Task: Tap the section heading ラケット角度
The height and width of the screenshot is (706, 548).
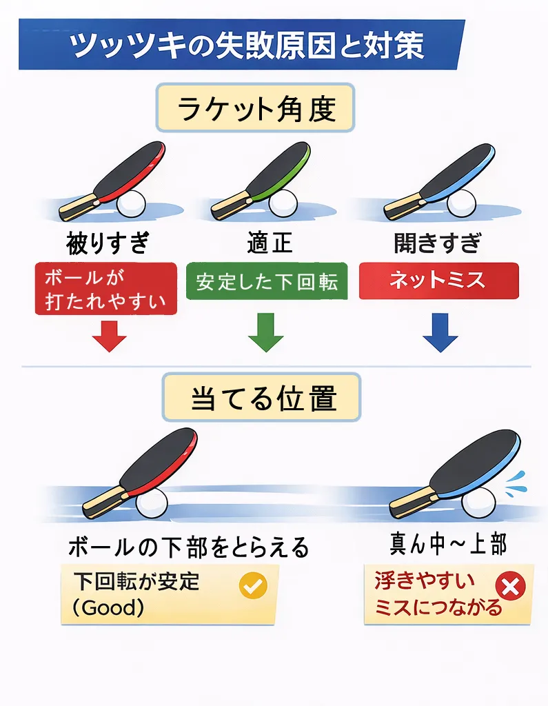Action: (256, 109)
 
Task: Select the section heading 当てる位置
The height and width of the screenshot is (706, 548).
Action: (263, 398)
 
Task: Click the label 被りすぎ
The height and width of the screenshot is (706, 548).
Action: (107, 243)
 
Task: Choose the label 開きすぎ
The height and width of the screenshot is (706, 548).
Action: (437, 243)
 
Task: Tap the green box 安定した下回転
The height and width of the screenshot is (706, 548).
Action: (266, 282)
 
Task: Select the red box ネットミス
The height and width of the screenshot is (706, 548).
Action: (438, 281)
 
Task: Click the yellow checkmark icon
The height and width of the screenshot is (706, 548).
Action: (252, 586)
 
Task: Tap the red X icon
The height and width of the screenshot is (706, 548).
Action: (511, 587)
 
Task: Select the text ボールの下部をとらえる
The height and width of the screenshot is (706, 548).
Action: (188, 547)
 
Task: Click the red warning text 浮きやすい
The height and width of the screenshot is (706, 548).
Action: (425, 581)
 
